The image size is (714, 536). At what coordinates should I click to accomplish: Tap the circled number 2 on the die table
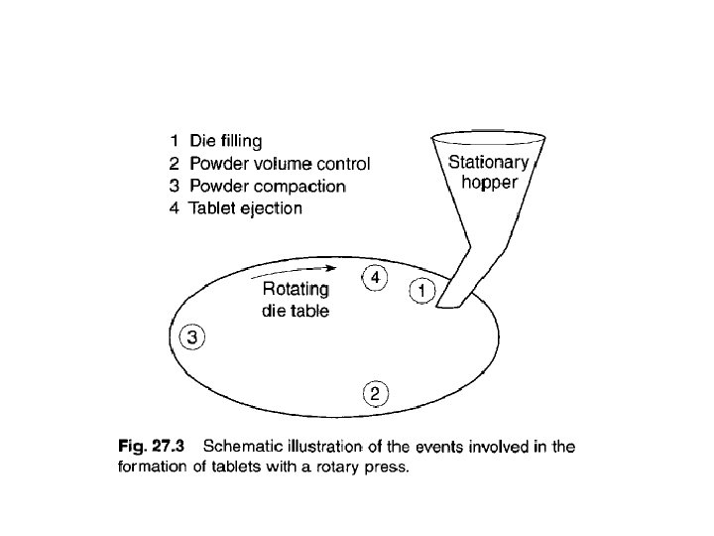click(374, 394)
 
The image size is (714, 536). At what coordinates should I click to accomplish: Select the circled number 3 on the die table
click(192, 337)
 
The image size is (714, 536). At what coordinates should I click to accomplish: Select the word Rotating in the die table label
click(295, 290)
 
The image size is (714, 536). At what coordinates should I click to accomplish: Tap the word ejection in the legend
click(268, 208)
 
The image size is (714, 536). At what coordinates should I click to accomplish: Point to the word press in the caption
click(386, 469)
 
